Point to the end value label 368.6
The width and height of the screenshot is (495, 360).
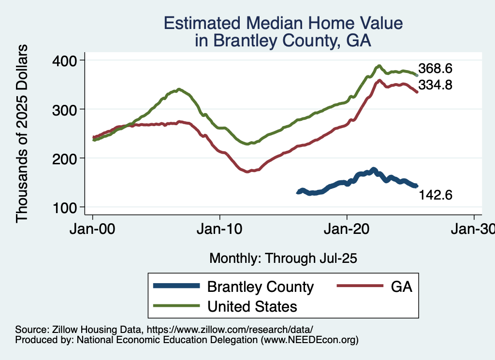[435, 68]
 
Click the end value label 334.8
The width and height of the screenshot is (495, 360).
[435, 85]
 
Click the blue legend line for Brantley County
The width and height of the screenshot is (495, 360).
[176, 286]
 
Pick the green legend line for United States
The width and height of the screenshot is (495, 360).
[176, 306]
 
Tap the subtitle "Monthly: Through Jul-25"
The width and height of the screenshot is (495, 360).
[283, 259]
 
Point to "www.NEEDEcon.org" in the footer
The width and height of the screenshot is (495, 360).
[309, 340]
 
